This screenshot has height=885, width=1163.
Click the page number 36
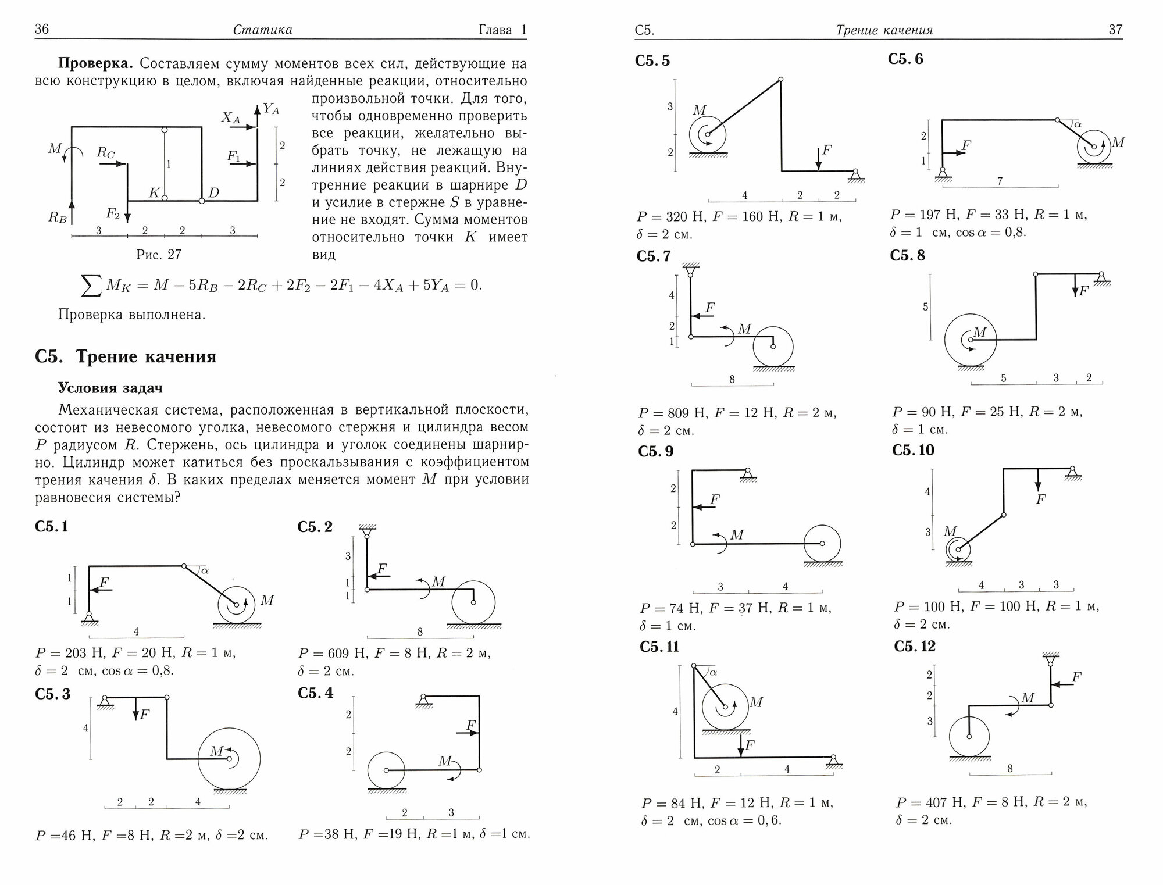click(42, 30)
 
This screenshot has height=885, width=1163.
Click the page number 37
click(1115, 30)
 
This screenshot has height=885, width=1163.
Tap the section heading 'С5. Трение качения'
click(126, 356)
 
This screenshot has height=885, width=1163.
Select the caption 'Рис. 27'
click(159, 255)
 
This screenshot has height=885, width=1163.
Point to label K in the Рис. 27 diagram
click(154, 193)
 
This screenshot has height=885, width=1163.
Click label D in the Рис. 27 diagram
click(213, 192)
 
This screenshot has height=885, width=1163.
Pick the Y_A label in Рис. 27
click(271, 108)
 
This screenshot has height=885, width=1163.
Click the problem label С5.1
click(52, 527)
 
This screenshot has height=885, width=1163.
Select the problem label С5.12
click(915, 647)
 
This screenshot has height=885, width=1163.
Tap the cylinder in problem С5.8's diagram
click(970, 340)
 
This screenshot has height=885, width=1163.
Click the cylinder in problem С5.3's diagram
click(229, 758)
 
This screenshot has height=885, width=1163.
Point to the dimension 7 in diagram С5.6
click(1000, 181)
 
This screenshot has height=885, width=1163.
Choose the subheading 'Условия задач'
click(110, 388)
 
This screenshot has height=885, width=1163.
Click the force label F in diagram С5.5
click(826, 151)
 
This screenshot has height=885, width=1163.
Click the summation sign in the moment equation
click(90, 285)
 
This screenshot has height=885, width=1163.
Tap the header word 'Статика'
click(262, 30)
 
